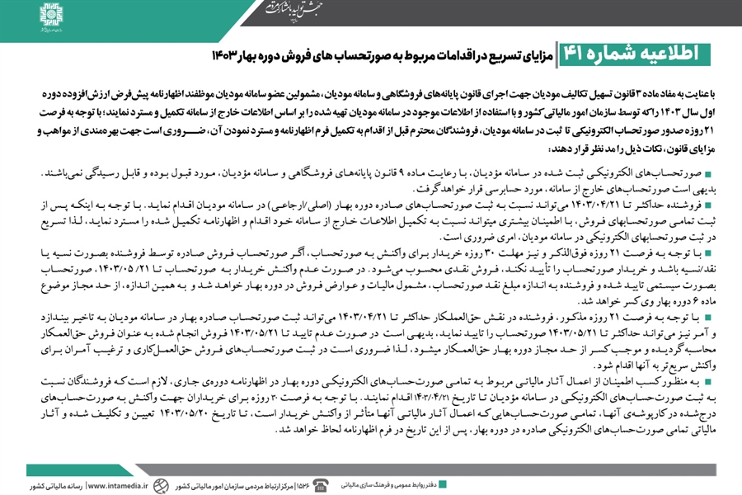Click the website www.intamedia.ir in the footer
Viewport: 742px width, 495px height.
click(x=123, y=483)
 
